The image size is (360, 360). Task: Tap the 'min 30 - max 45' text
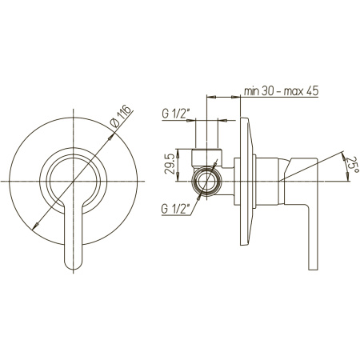[281, 91]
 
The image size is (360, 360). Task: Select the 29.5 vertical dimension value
[170, 164]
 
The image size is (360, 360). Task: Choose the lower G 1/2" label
[175, 209]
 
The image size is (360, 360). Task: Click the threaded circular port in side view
[207, 182]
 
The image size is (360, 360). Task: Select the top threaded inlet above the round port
[206, 158]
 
